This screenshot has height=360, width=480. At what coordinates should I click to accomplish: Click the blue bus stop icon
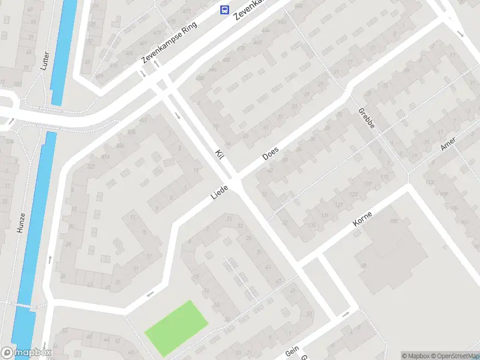click(224, 10)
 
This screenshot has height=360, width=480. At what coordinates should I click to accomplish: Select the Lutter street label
click(44, 60)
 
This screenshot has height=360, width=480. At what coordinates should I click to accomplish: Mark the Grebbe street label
click(366, 119)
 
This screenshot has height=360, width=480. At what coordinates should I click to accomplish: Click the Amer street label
click(448, 143)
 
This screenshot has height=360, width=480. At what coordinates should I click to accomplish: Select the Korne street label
click(362, 218)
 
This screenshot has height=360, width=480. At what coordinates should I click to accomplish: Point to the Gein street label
click(292, 350)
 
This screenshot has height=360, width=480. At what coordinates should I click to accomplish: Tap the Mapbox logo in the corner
click(25, 353)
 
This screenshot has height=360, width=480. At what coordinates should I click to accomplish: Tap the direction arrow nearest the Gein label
click(345, 314)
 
